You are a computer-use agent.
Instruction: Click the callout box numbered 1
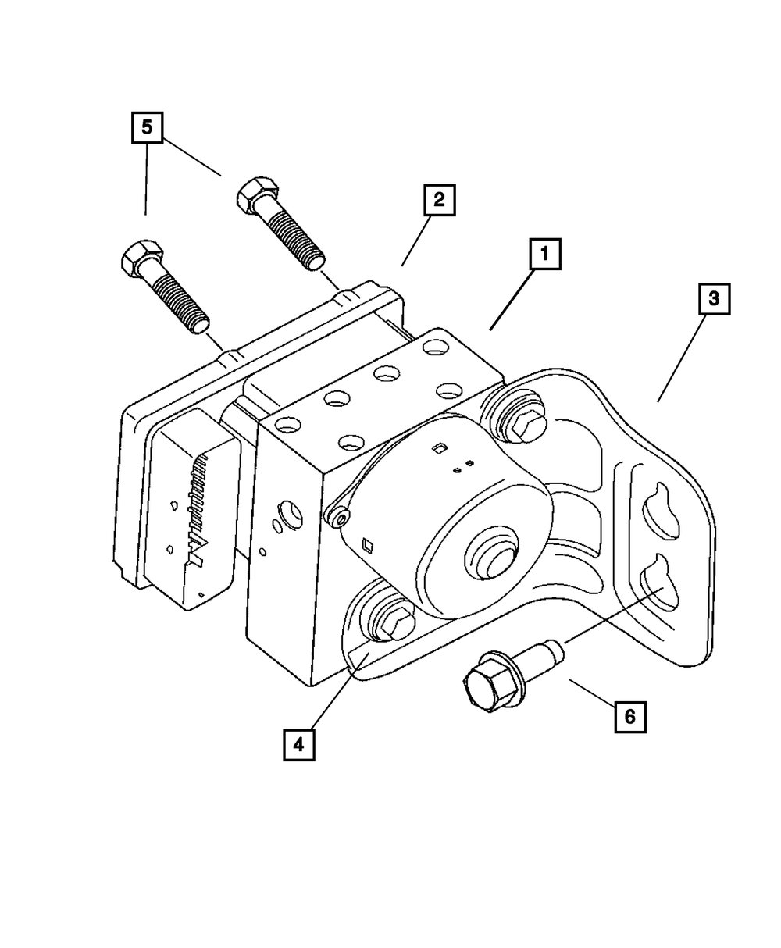[545, 255]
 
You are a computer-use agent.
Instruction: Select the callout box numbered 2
[440, 199]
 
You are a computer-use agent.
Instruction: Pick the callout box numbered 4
[298, 744]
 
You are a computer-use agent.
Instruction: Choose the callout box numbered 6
[629, 715]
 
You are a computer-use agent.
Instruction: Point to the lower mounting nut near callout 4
[389, 622]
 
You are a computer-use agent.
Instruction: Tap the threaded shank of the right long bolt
[296, 233]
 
